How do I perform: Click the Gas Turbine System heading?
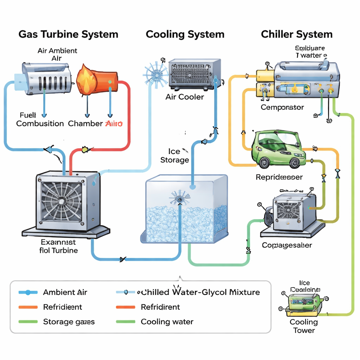68,34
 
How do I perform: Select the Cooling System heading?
185,34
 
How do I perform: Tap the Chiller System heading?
296,34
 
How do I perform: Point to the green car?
278,149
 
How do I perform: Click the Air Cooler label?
185,97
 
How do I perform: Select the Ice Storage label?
174,156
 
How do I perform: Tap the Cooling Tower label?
304,326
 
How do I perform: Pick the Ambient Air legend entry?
65,292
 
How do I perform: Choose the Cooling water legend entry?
167,322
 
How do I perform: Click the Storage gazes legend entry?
69,322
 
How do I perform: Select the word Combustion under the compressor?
40,123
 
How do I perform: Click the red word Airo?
114,123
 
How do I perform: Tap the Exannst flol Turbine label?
58,246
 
